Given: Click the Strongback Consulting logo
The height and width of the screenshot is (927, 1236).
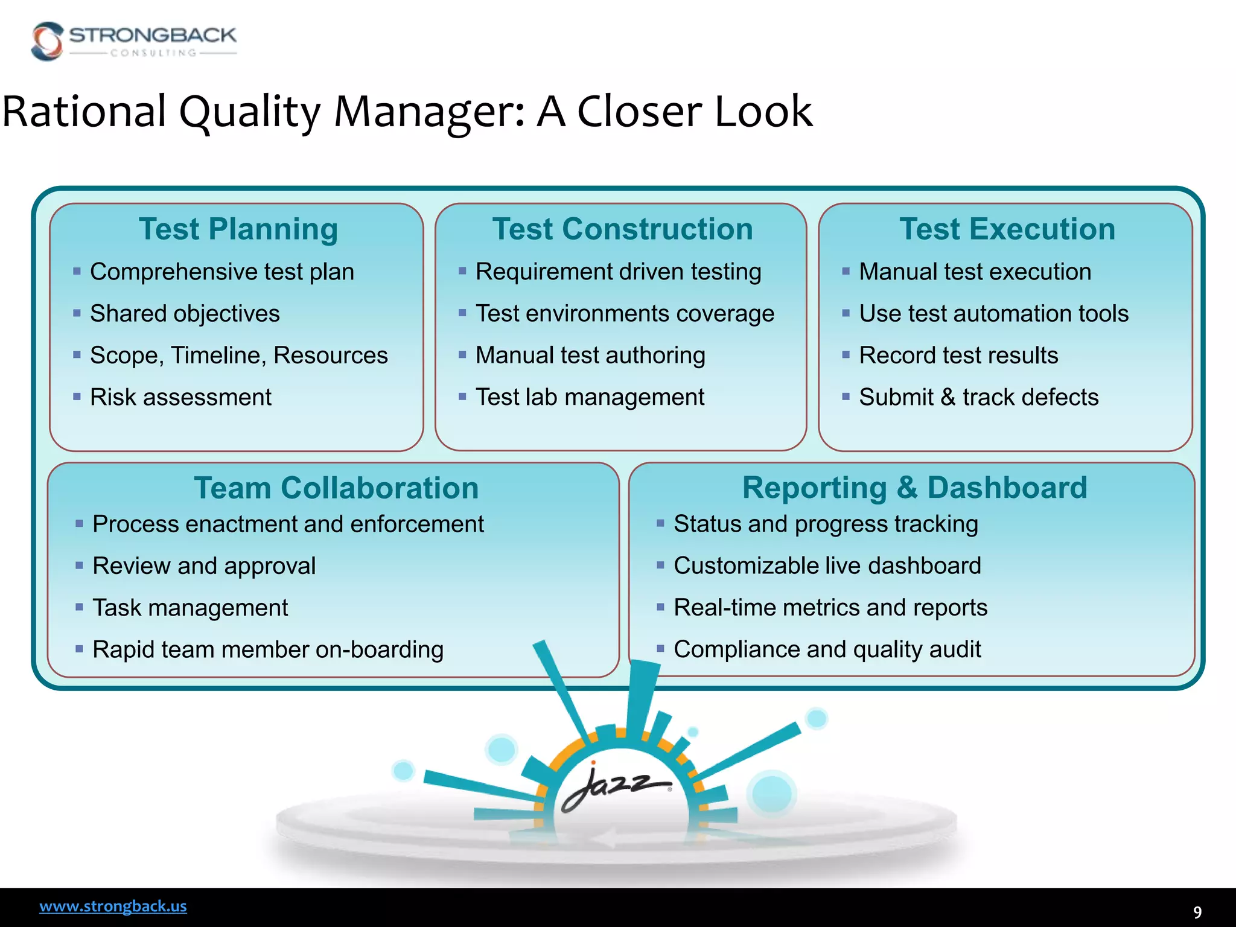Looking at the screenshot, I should coord(133,41).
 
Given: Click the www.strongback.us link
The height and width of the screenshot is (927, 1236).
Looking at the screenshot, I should coord(113,906).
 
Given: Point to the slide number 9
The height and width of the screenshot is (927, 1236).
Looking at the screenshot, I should coord(1197,912).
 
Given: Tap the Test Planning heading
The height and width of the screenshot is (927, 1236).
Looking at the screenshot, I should coord(238,229).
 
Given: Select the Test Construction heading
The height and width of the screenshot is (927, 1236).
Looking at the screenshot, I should coord(622,229).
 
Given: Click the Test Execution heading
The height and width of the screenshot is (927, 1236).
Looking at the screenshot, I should coord(1007,229).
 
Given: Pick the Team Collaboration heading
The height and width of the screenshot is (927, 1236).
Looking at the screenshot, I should coord(336,488).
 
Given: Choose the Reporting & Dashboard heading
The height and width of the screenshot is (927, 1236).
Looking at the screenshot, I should coord(914,488).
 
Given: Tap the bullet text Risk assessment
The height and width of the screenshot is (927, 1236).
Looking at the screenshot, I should coord(180,397).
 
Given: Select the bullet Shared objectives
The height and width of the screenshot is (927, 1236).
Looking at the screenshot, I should coord(185,314).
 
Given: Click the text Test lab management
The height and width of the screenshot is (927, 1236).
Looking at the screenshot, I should coord(590,397).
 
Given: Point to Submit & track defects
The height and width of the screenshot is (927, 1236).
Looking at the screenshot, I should coord(978,397).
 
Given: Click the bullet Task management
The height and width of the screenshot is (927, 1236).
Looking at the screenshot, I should coord(190,608).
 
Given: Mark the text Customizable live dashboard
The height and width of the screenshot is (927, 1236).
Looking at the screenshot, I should coord(827,566).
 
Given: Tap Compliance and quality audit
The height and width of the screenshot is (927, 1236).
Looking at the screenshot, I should coord(827,649).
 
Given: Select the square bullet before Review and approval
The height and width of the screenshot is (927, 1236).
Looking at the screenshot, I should coord(79,565).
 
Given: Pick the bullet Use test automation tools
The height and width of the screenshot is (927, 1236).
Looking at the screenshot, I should coord(993,314).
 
